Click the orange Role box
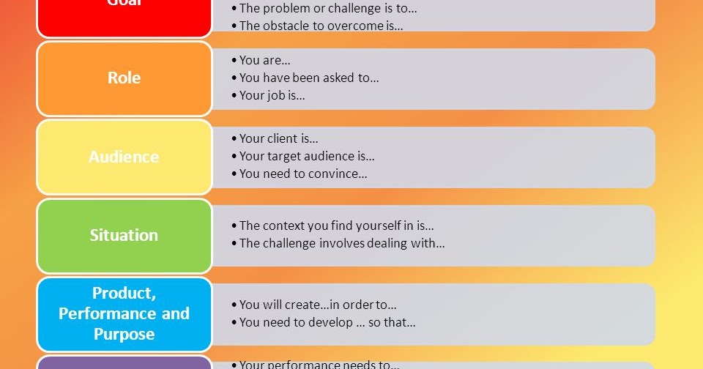coord(124,78)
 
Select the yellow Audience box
coord(124,157)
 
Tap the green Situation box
coord(124,235)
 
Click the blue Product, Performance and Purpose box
coord(124,313)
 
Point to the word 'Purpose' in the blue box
coord(124,334)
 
